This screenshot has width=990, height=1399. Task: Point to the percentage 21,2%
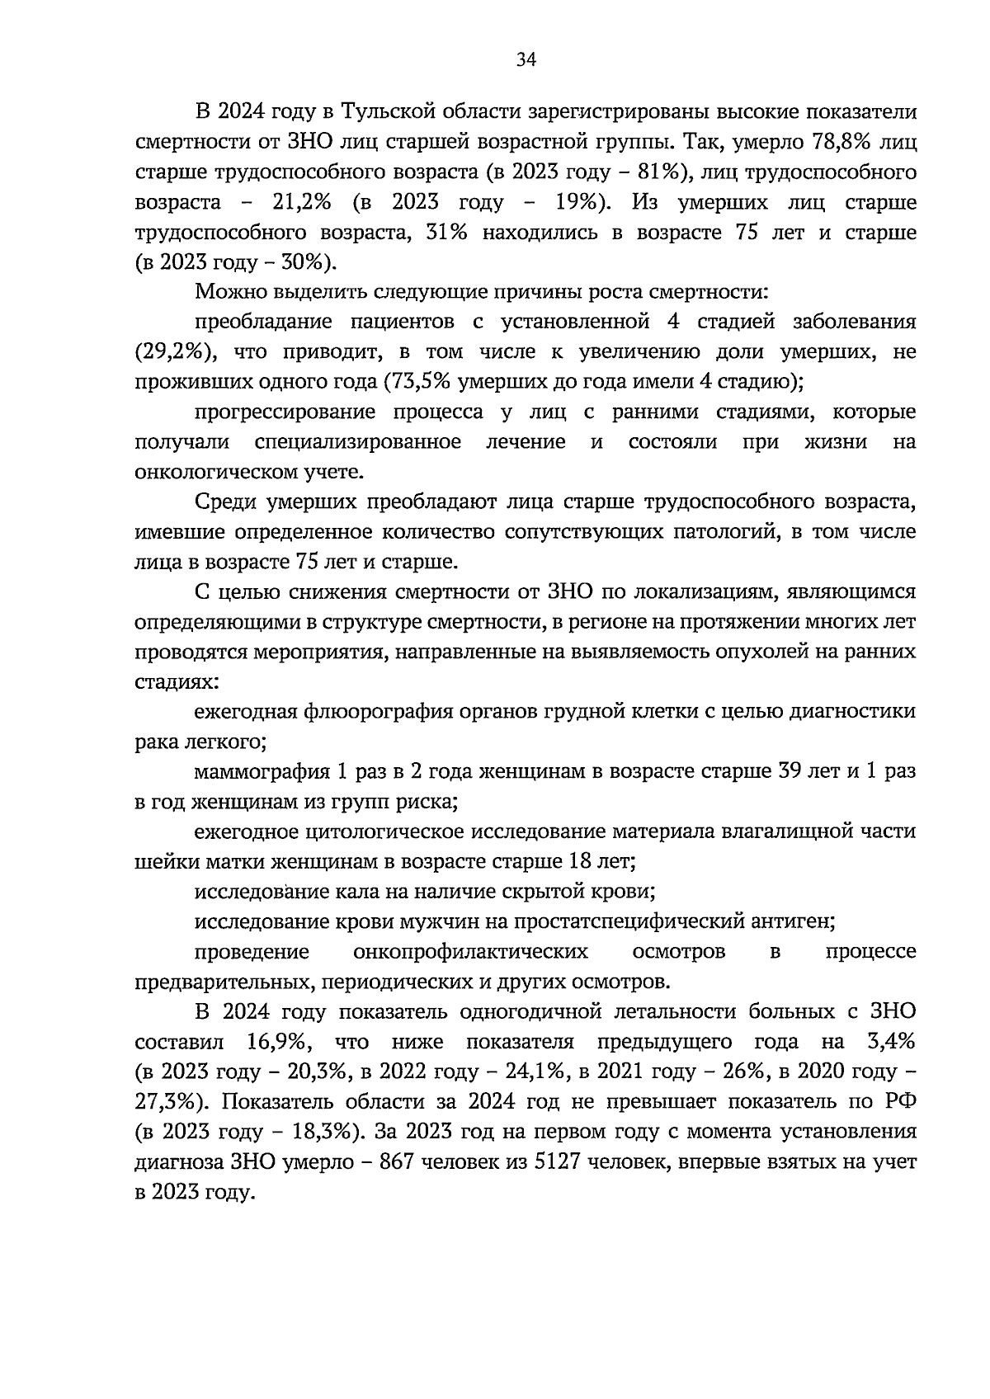click(x=304, y=203)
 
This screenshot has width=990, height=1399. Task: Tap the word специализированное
click(x=357, y=442)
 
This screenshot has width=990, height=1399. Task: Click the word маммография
click(x=260, y=771)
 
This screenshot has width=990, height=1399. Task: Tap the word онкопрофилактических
click(x=470, y=951)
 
